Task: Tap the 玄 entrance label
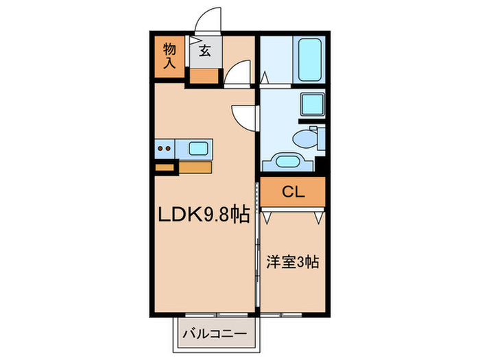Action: click(205, 50)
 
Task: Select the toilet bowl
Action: click(302, 140)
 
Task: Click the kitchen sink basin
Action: click(200, 146)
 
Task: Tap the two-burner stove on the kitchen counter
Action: click(164, 146)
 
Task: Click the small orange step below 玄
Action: click(205, 75)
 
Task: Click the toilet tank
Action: click(317, 139)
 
